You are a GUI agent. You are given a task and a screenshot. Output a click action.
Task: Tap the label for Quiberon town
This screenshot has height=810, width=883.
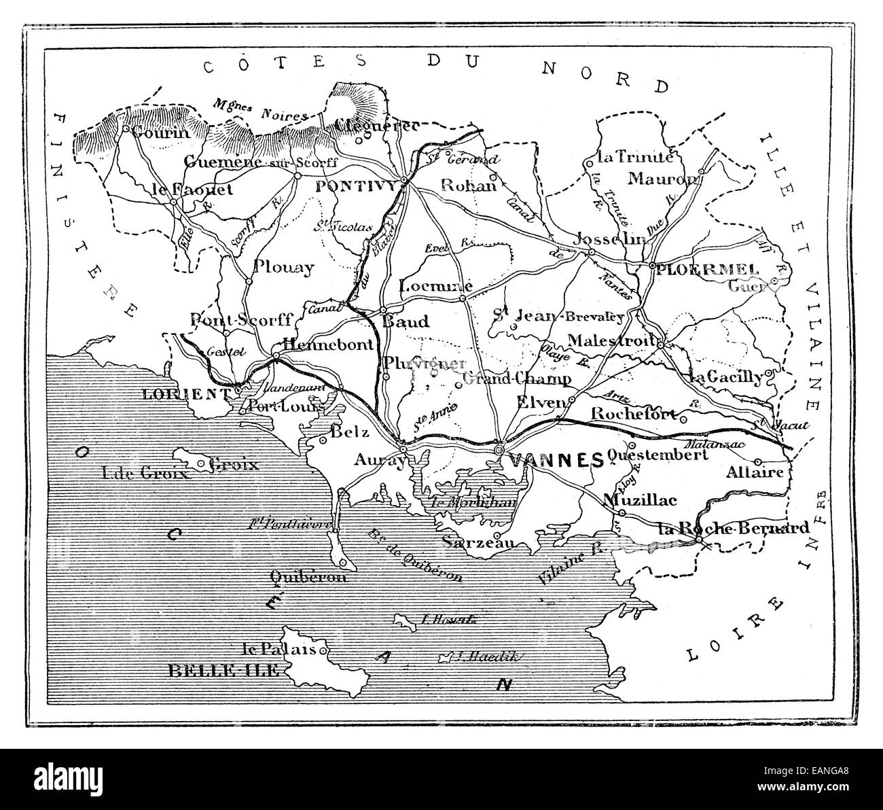pyautogui.click(x=308, y=577)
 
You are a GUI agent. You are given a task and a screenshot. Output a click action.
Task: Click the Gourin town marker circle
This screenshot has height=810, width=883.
pyautogui.click(x=126, y=127)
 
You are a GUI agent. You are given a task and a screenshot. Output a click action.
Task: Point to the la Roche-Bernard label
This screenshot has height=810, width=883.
pyautogui.click(x=734, y=528)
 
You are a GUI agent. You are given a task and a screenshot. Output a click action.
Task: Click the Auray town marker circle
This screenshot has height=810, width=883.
pyautogui.click(x=403, y=449)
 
